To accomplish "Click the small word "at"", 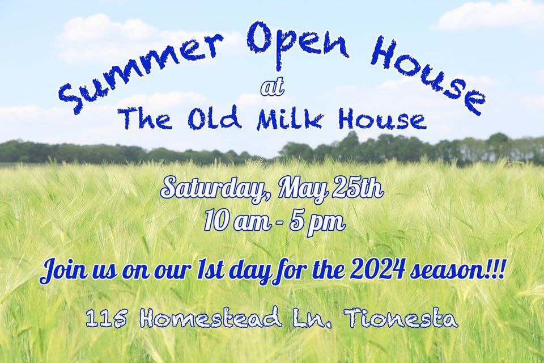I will [x=271, y=88].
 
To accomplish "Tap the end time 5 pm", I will [x=320, y=221].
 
